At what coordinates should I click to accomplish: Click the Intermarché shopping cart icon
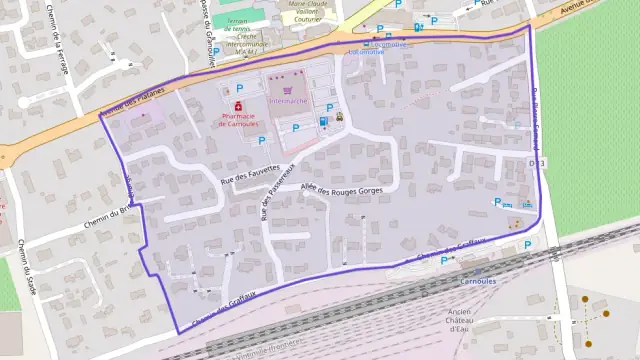point(288,88)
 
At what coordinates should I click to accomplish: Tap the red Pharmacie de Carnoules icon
point(239,105)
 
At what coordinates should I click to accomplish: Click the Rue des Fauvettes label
point(250,174)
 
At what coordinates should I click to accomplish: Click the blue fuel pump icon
point(323,121)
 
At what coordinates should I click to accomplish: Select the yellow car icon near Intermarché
point(340,116)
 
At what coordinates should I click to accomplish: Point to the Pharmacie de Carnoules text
point(239,119)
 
